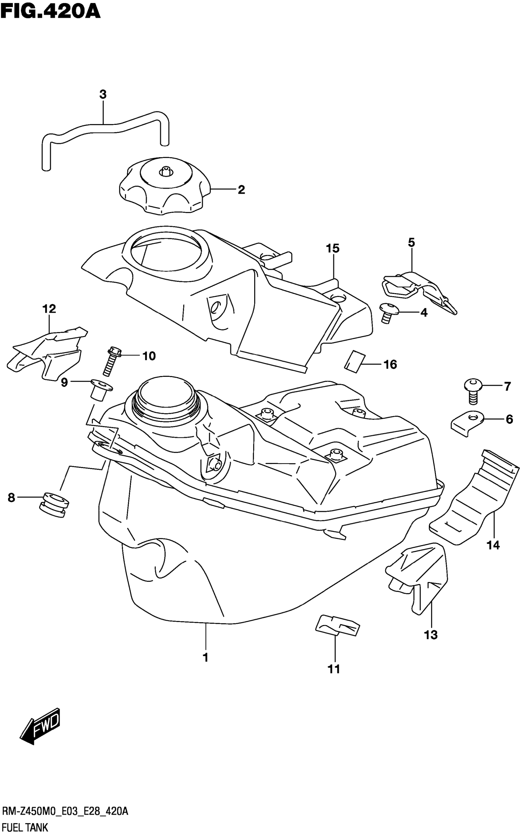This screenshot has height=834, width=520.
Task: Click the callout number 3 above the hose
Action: click(103, 94)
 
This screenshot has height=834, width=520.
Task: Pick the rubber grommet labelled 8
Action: click(54, 504)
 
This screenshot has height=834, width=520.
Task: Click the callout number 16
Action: click(390, 365)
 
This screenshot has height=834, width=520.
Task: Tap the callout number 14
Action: click(493, 545)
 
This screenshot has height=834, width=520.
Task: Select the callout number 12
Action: click(49, 309)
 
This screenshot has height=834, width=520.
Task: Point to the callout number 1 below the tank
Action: click(206, 657)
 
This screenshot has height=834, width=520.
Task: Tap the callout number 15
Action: click(332, 248)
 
